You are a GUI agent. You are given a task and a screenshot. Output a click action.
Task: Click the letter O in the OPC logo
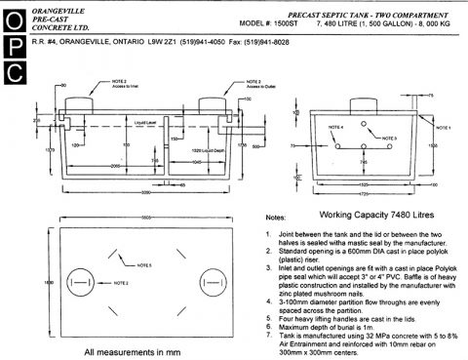click(x=17, y=20)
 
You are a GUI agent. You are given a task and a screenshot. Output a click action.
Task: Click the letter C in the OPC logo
click(x=17, y=72)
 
